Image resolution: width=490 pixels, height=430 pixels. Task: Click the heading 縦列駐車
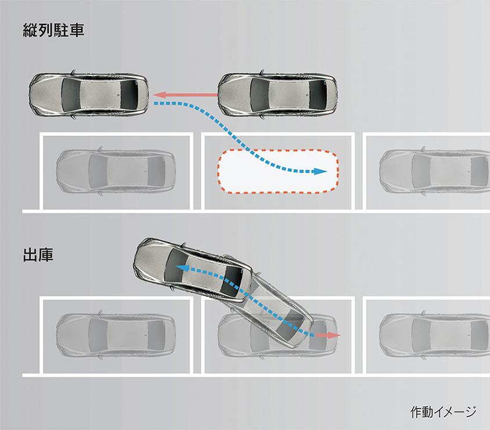(53, 30)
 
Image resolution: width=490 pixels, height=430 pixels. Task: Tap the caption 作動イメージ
(444, 412)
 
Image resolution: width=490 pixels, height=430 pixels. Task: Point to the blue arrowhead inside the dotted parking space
(319, 171)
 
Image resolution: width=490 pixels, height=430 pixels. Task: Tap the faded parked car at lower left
(115, 335)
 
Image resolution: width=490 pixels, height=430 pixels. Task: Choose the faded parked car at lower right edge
(435, 335)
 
